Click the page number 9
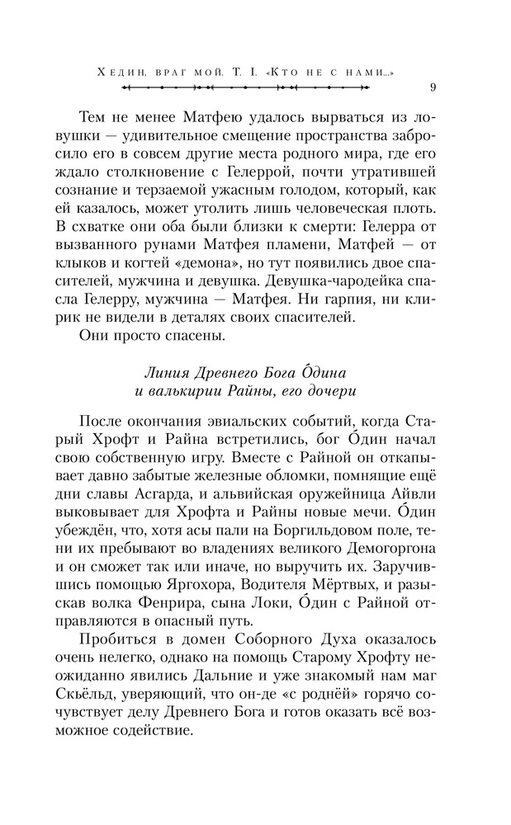[434, 88]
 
